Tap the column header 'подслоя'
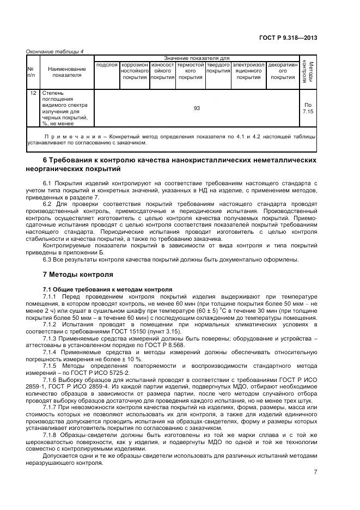coord(107,65)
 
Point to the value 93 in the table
coord(197,108)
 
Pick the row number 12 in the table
coord(32,93)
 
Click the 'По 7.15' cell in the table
coord(308,108)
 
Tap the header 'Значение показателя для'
coord(197,58)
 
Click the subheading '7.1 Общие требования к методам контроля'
coord(107,289)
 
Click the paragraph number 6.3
coord(46,260)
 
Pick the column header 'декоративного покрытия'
coord(283,71)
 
